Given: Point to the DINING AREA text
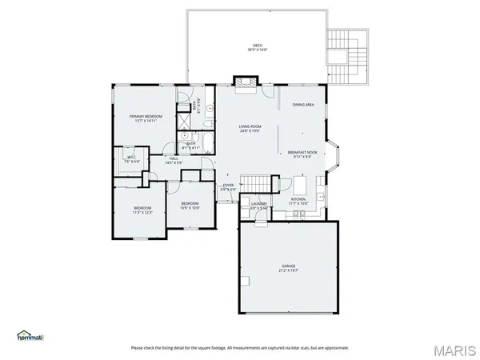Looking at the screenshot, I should click(302, 105).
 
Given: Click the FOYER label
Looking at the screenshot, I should click(228, 186).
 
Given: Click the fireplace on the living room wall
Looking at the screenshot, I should click(245, 82).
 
